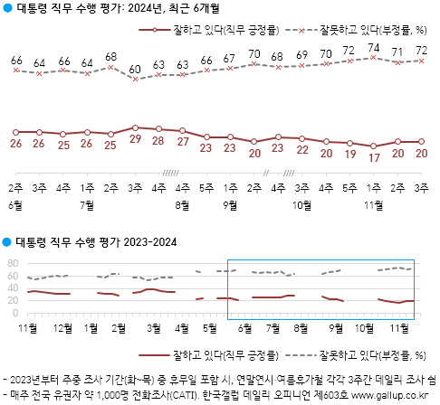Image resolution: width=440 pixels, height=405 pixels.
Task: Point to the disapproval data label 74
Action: [374, 47]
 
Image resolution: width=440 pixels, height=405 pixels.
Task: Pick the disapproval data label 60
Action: [135, 69]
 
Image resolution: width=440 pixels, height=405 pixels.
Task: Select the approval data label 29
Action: [135, 140]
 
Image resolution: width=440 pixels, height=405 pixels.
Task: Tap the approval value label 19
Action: [349, 155]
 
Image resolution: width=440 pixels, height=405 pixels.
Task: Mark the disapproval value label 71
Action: [397, 52]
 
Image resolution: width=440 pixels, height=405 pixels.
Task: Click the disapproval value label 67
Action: [230, 59]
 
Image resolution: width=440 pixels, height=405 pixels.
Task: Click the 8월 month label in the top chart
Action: [182, 204]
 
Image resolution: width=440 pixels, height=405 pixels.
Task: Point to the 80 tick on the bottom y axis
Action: [13, 263]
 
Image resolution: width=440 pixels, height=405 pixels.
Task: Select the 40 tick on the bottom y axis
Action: [13, 288]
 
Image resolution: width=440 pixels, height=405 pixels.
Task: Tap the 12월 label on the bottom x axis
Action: [64, 326]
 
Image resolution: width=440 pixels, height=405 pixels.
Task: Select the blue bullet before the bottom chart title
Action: [7, 243]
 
